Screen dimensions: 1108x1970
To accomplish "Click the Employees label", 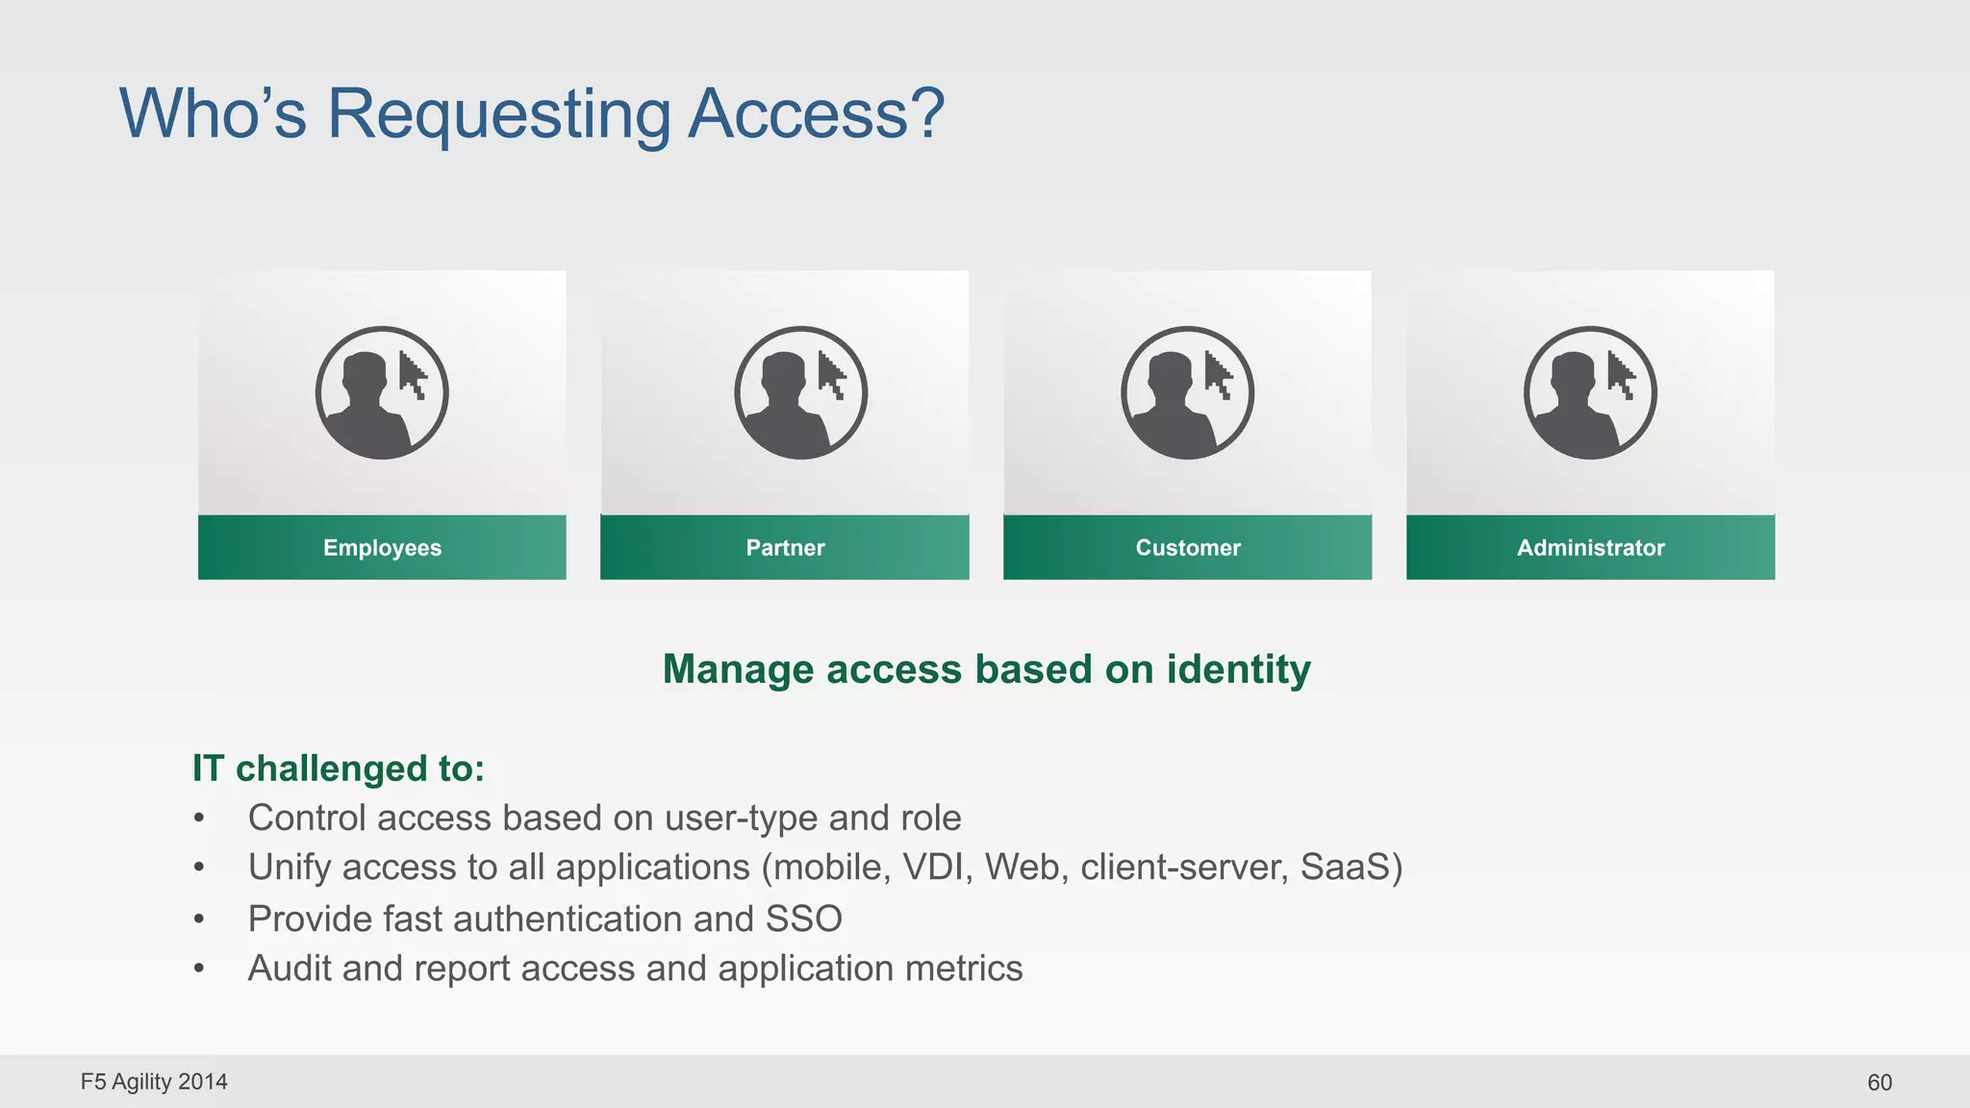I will (382, 547).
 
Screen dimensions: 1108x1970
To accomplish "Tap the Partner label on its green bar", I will (785, 547).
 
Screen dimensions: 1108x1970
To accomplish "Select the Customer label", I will (1188, 547).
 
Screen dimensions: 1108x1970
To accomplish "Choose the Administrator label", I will (1590, 547).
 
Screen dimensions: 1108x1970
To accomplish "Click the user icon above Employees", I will (382, 392).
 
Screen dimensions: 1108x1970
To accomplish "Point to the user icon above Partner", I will (800, 392).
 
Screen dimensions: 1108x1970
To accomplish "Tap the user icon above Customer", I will (1187, 392).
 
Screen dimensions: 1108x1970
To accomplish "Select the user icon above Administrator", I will (1590, 392).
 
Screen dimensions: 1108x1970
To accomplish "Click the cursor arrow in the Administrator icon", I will (1621, 375).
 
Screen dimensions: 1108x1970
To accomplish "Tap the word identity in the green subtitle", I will (1239, 669).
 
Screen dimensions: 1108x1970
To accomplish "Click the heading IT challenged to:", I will (339, 768).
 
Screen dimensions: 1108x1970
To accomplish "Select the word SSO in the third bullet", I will (803, 919).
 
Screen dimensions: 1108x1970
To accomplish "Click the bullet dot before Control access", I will (199, 818).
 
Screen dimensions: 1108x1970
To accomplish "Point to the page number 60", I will (1879, 1082).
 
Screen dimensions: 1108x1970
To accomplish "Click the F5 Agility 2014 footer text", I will (154, 1082).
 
